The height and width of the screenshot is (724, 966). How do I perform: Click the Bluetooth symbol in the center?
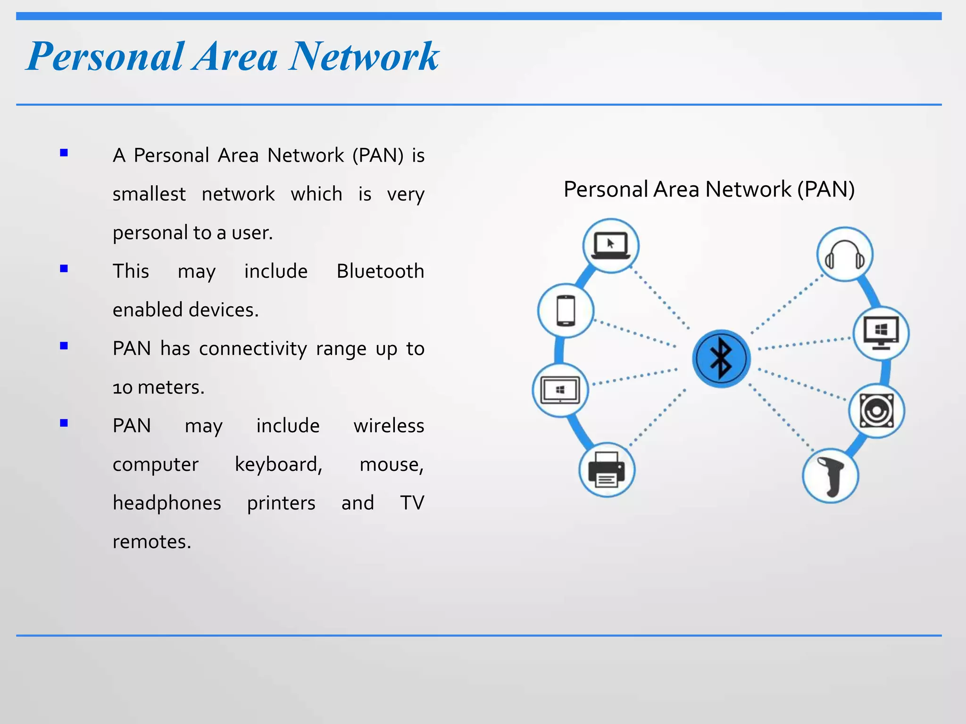pyautogui.click(x=721, y=358)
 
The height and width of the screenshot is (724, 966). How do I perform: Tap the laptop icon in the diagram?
pyautogui.click(x=611, y=246)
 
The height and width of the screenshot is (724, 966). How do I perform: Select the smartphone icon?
pyautogui.click(x=566, y=311)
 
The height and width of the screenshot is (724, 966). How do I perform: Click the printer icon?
pyautogui.click(x=607, y=470)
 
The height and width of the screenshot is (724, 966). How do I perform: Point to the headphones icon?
pyautogui.click(x=845, y=255)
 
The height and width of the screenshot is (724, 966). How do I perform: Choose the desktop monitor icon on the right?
pyautogui.click(x=881, y=333)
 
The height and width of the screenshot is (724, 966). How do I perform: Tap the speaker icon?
pyautogui.click(x=876, y=411)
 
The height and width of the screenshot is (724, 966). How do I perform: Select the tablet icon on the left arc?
pyautogui.click(x=560, y=390)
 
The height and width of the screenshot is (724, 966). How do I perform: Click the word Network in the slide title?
pyautogui.click(x=364, y=57)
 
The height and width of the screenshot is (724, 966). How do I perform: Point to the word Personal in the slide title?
pyautogui.click(x=105, y=57)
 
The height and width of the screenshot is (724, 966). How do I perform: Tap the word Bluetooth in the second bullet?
pyautogui.click(x=380, y=271)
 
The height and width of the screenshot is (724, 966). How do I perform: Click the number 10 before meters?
pyautogui.click(x=122, y=388)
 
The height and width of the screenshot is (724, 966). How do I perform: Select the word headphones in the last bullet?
pyautogui.click(x=167, y=503)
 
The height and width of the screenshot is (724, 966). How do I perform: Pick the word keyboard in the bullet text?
pyautogui.click(x=278, y=464)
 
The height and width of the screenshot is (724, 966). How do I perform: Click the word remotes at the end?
pyautogui.click(x=151, y=542)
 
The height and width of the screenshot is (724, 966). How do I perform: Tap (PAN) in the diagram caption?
pyautogui.click(x=826, y=189)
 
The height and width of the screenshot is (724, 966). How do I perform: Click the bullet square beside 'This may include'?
pyautogui.click(x=64, y=269)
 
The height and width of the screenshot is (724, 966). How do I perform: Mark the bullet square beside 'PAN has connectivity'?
pyautogui.click(x=64, y=346)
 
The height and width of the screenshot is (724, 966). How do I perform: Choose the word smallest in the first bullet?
pyautogui.click(x=149, y=194)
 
